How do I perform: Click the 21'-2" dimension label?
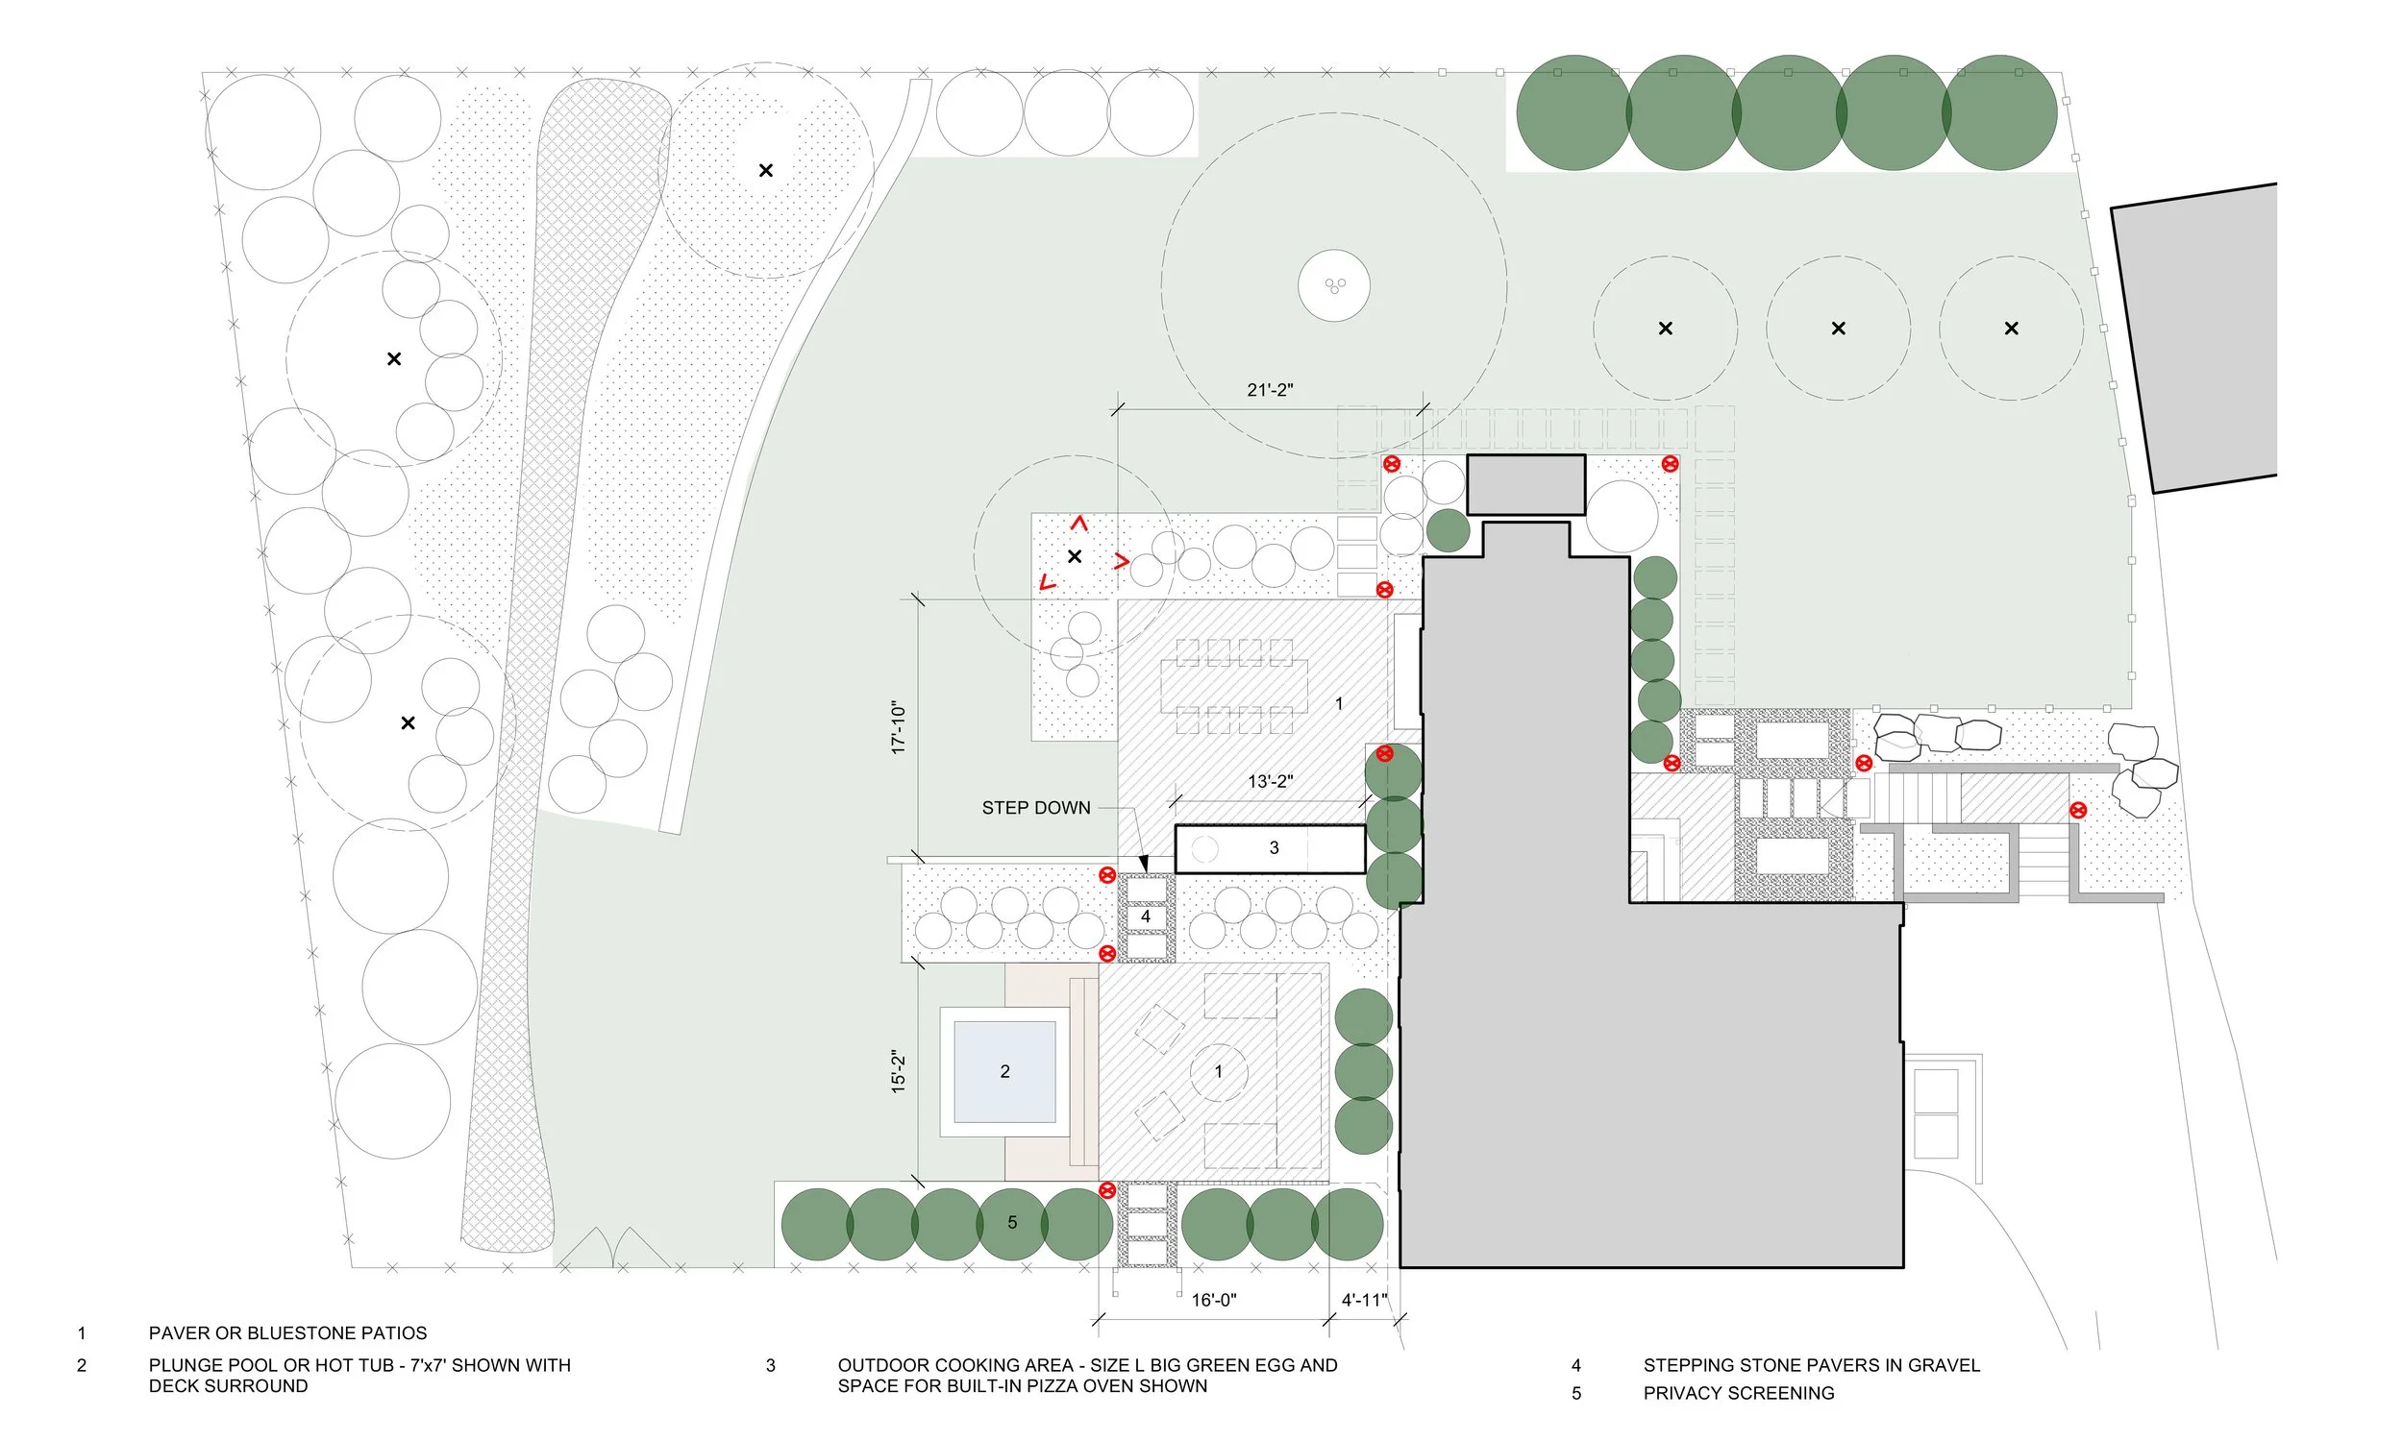click(x=1270, y=390)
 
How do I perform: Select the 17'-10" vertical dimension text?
click(x=899, y=728)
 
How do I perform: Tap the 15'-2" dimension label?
click(x=899, y=1072)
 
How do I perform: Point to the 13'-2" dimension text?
click(x=1270, y=782)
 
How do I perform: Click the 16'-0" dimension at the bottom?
click(x=1213, y=1300)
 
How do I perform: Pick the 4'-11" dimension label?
click(x=1364, y=1300)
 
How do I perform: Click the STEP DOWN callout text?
click(x=1035, y=808)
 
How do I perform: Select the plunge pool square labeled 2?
click(x=1004, y=1072)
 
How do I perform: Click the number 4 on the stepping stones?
click(x=1146, y=916)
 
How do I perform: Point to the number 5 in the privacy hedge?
click(x=1012, y=1223)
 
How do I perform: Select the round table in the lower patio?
click(x=1218, y=1072)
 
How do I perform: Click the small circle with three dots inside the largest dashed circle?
click(x=1334, y=285)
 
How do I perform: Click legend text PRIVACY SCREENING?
click(x=1739, y=1393)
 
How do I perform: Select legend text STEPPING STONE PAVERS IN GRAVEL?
click(x=1811, y=1365)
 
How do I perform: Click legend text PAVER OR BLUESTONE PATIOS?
click(x=287, y=1333)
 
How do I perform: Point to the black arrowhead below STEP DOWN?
click(x=1144, y=864)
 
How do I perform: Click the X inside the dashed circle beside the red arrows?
click(x=1075, y=556)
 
